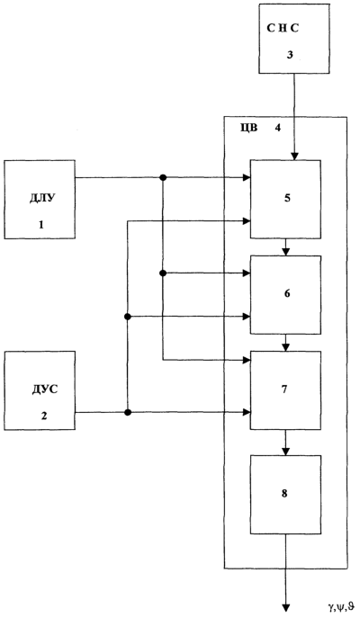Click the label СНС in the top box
click(283, 29)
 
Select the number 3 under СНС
click(290, 55)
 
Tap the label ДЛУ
click(42, 198)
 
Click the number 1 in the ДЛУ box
click(41, 225)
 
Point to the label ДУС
click(45, 390)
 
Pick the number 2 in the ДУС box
click(44, 416)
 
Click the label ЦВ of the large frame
click(248, 128)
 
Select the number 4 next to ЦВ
click(277, 128)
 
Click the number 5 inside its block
click(287, 198)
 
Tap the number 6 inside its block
click(287, 293)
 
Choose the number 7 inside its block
click(284, 389)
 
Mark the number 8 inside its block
click(284, 494)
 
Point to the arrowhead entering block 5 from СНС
click(294, 157)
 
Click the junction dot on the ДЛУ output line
click(163, 178)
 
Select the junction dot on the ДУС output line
click(128, 412)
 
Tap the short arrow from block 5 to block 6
click(287, 247)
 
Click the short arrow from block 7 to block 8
click(287, 443)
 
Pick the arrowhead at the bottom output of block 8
click(286, 608)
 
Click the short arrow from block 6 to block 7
click(287, 343)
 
